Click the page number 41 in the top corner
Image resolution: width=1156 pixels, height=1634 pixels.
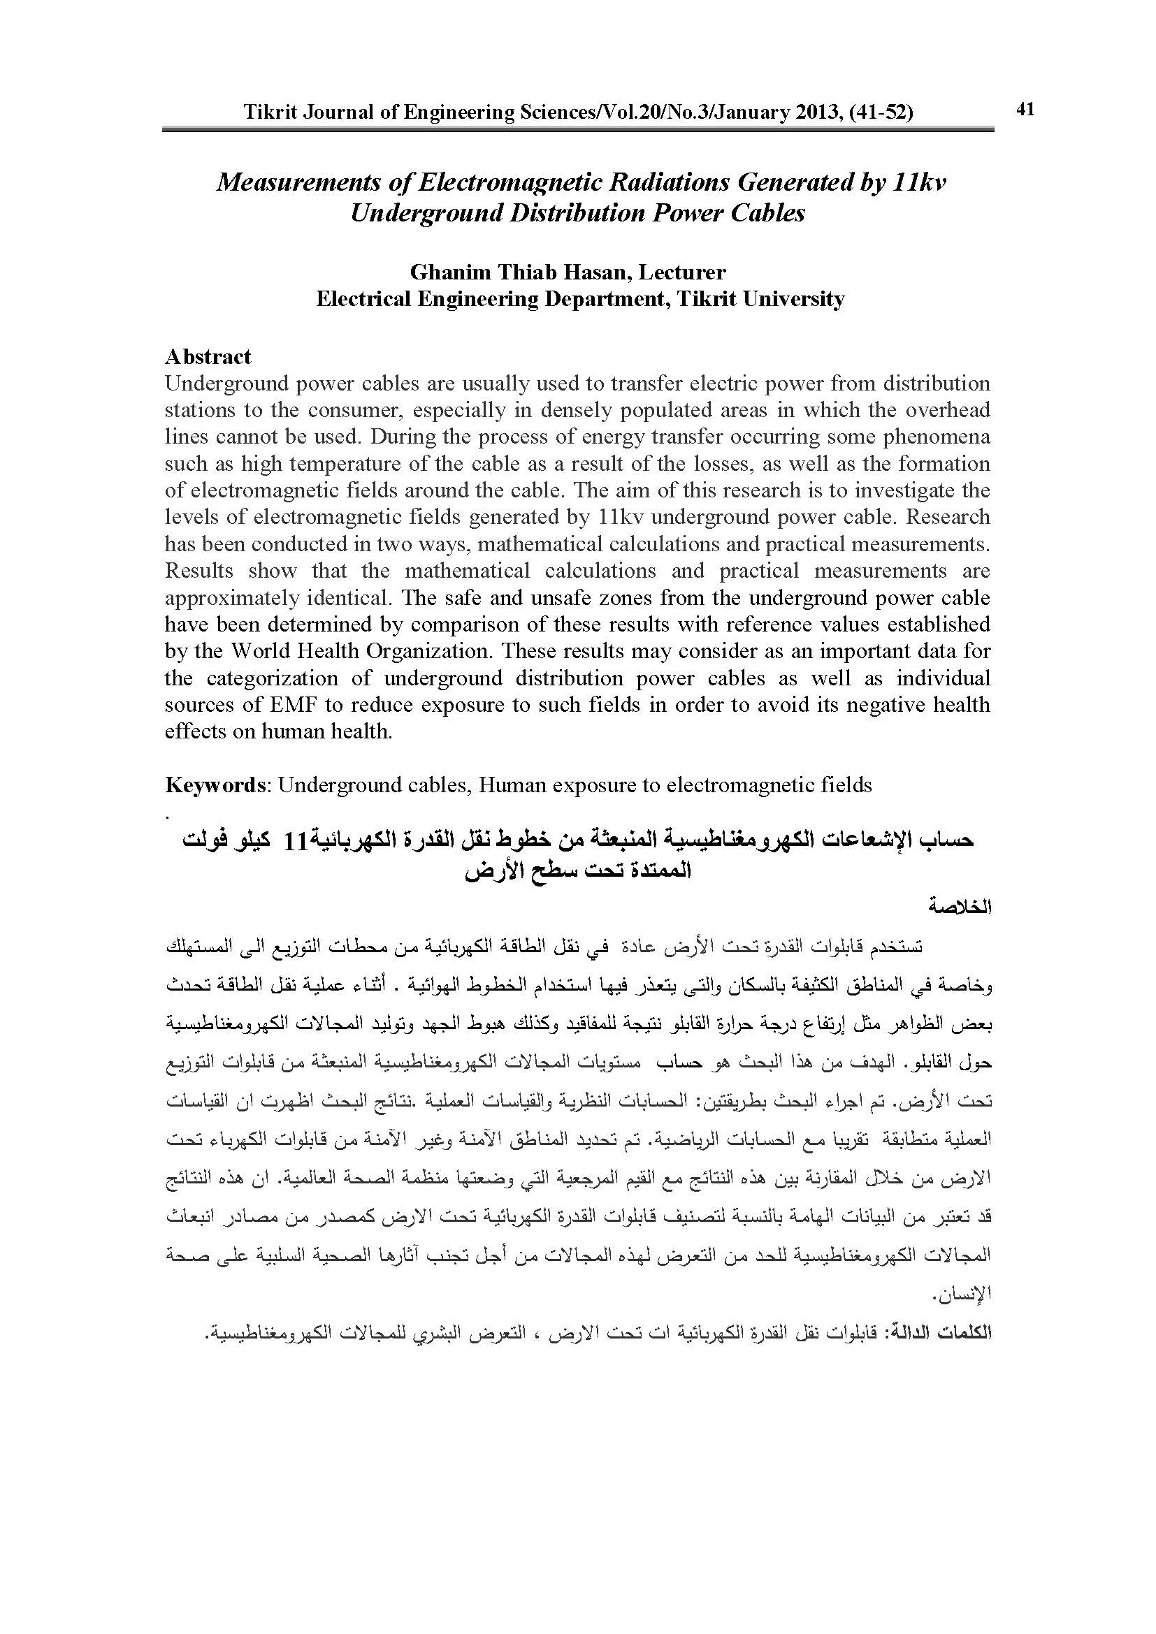click(1025, 109)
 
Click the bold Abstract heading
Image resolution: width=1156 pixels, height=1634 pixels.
click(208, 356)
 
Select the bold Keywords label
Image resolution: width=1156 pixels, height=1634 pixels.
click(215, 785)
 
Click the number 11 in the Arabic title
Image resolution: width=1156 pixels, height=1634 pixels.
click(295, 842)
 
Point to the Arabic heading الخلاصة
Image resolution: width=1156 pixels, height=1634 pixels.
click(961, 908)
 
